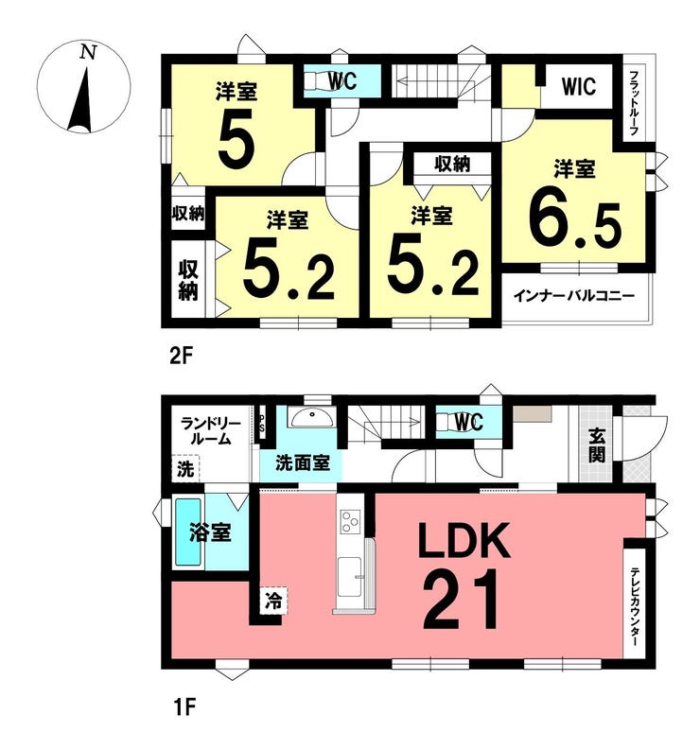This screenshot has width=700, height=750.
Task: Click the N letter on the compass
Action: click(x=88, y=52)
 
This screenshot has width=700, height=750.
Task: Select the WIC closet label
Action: click(x=579, y=87)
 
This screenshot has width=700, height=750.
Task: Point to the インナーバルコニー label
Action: click(x=574, y=296)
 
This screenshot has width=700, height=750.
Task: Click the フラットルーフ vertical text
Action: click(x=634, y=104)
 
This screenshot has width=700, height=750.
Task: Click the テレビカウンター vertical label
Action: click(x=634, y=607)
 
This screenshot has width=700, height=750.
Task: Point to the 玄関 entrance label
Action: click(x=597, y=445)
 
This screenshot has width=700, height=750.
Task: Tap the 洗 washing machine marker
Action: click(x=185, y=469)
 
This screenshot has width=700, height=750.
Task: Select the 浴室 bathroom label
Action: click(x=210, y=532)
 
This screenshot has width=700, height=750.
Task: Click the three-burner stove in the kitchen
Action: click(x=350, y=521)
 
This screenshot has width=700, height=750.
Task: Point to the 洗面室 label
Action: click(x=303, y=462)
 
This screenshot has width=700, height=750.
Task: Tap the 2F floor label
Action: click(x=182, y=357)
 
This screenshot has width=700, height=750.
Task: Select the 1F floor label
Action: click(x=184, y=721)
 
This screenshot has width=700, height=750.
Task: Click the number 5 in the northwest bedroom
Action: click(x=236, y=140)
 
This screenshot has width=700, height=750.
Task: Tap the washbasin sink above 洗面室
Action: click(x=311, y=418)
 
